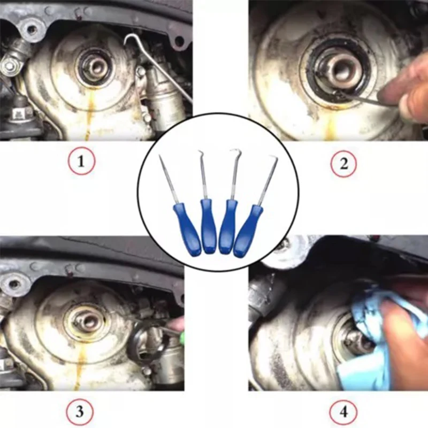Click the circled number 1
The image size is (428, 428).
[81, 162]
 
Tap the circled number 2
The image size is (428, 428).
[343, 164]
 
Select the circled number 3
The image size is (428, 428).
[79, 411]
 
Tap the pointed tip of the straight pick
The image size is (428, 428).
[159, 155]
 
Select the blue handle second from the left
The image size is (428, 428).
[208, 226]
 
